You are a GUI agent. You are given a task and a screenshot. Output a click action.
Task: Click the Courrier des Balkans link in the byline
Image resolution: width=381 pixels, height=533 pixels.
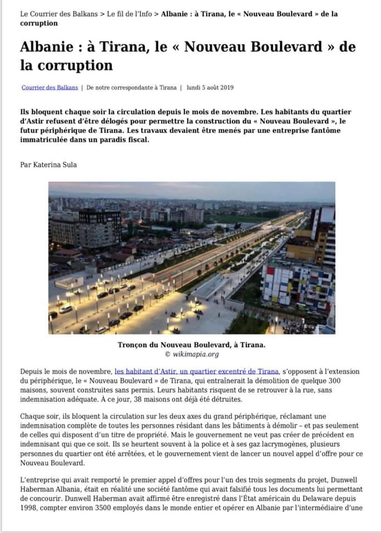50,88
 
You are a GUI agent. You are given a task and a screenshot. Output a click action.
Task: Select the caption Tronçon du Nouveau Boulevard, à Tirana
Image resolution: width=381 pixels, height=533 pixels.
191,345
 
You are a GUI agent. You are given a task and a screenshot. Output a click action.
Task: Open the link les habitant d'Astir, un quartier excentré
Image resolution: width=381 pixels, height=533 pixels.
197,371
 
